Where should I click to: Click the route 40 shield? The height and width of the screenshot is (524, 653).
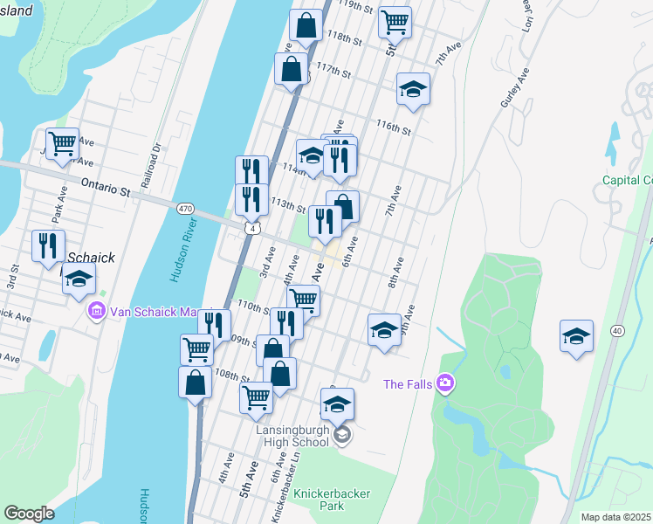click(x=617, y=330)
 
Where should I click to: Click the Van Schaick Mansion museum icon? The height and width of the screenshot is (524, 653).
click(x=96, y=311)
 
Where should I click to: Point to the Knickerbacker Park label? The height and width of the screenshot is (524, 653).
click(x=332, y=500)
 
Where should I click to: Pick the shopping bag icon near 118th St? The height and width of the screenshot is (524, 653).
click(x=306, y=26)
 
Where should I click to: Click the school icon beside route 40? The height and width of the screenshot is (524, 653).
click(x=576, y=336)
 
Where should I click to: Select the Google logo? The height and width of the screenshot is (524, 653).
click(x=29, y=514)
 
